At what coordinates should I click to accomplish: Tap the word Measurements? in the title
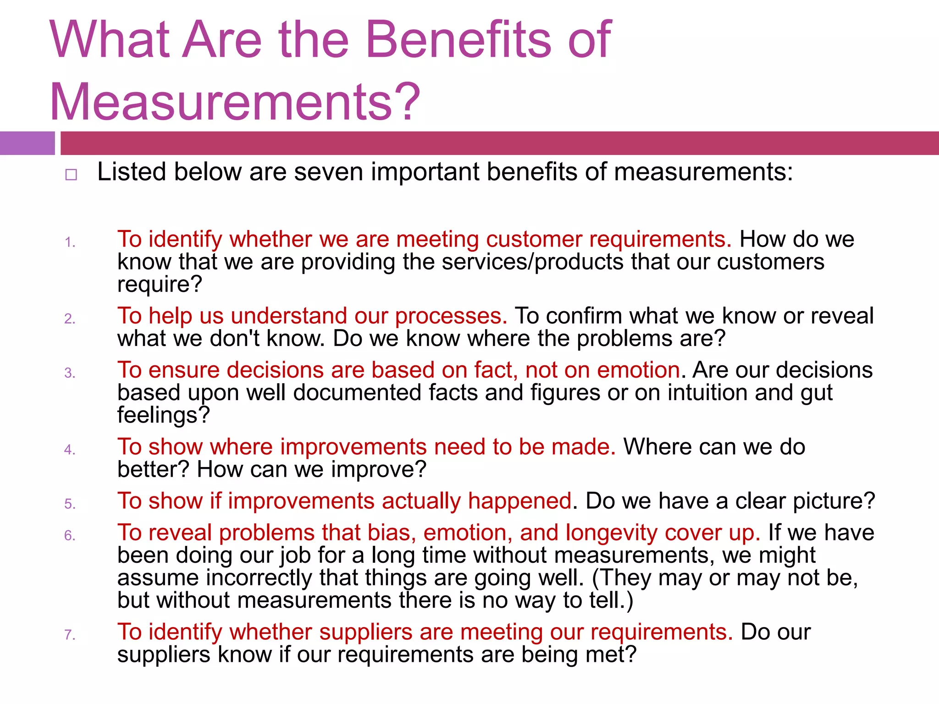coord(235,102)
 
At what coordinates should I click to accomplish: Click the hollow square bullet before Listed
coord(71,175)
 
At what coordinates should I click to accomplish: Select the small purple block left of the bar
coord(27,143)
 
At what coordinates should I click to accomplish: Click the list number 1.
coord(70,242)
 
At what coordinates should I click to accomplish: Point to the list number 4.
coord(70,450)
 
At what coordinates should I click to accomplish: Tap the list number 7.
coord(70,635)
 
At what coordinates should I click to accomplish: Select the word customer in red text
coord(534,239)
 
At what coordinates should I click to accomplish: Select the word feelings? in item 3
coord(163,415)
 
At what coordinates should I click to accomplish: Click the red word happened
coord(519,500)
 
